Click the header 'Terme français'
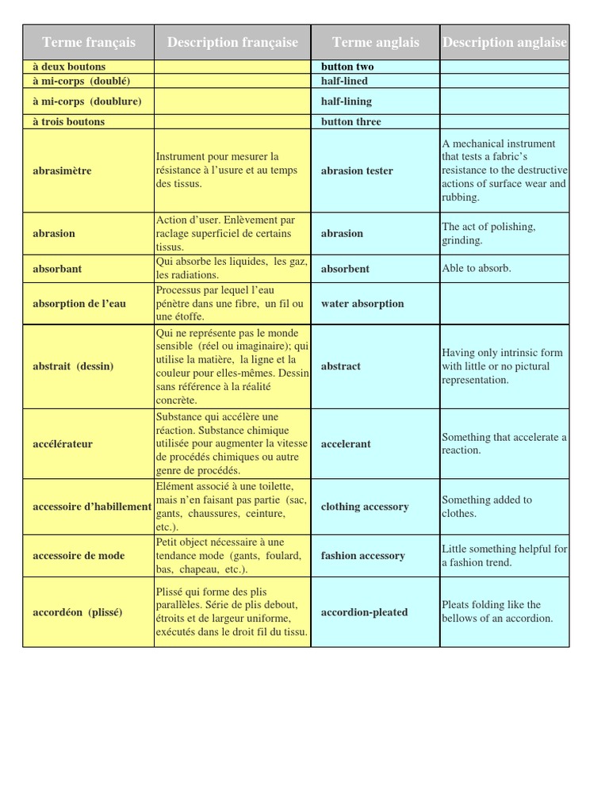pyautogui.click(x=89, y=42)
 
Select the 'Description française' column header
pyautogui.click(x=232, y=42)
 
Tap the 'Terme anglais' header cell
pyautogui.click(x=375, y=42)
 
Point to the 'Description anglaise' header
pyautogui.click(x=504, y=42)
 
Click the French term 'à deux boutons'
pyautogui.click(x=69, y=67)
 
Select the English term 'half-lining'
pyautogui.click(x=346, y=101)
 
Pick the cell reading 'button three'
pyautogui.click(x=350, y=122)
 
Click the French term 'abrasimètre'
pyautogui.click(x=62, y=170)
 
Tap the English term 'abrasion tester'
pyautogui.click(x=356, y=170)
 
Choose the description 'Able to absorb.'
pyautogui.click(x=477, y=268)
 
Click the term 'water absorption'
pyautogui.click(x=362, y=304)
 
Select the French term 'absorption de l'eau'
pyautogui.click(x=79, y=304)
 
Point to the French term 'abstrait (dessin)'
pyautogui.click(x=73, y=366)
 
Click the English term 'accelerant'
pyautogui.click(x=346, y=444)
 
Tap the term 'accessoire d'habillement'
pyautogui.click(x=92, y=507)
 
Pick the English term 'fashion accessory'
pyautogui.click(x=362, y=556)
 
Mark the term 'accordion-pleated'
pyautogui.click(x=364, y=612)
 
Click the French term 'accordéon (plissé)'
pyautogui.click(x=78, y=612)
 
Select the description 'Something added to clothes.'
pyautogui.click(x=487, y=507)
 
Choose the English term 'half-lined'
pyautogui.click(x=344, y=81)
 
